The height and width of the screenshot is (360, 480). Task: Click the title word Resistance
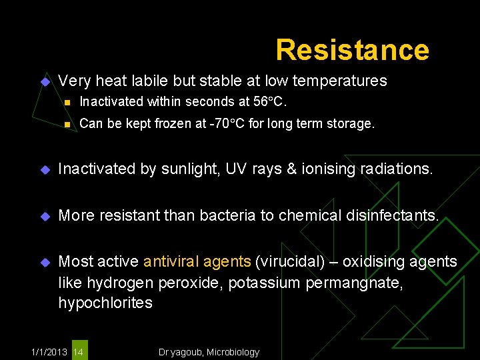tap(352, 50)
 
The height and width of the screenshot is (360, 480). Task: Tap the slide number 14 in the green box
tap(78, 351)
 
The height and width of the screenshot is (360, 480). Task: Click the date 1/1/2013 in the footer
tap(49, 351)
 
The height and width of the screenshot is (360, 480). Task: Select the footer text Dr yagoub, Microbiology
tap(209, 351)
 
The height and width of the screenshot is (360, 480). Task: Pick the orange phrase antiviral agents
tap(197, 261)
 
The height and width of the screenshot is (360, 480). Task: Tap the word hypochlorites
tap(105, 303)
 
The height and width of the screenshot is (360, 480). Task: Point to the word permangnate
tap(355, 282)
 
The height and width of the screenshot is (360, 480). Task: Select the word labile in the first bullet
tap(151, 81)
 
